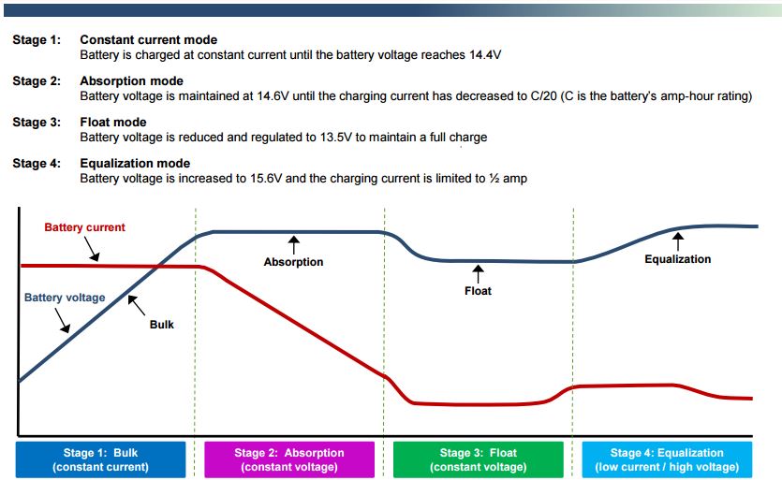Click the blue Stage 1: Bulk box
[101, 459]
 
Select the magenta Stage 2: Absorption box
[289, 459]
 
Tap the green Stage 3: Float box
[479, 459]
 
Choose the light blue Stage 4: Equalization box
[667, 459]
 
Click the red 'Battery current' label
[85, 227]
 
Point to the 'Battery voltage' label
[65, 298]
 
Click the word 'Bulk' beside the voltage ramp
[162, 325]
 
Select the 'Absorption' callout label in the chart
[293, 262]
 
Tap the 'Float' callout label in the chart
[478, 291]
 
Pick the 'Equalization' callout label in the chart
[678, 259]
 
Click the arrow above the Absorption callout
[294, 245]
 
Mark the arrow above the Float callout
[478, 273]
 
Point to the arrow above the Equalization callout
[678, 241]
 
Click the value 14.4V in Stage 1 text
[485, 55]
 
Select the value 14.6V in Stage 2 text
[273, 95]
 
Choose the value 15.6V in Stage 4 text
[266, 179]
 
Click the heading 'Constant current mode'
[149, 40]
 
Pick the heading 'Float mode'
[113, 123]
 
